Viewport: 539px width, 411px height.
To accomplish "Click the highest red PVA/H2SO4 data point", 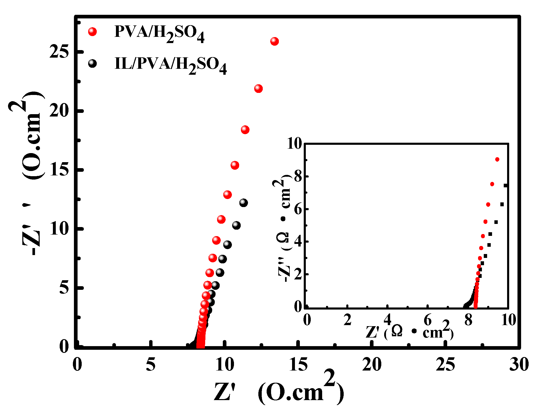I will click(274, 41).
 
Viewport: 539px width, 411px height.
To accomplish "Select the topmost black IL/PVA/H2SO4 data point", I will click(243, 203).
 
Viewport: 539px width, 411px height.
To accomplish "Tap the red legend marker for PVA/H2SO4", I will click(92, 32).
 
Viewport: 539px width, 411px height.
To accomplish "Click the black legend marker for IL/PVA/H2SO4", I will click(92, 64).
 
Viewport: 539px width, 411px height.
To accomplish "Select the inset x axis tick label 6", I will click(427, 320).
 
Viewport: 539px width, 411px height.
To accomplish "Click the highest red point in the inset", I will click(497, 159).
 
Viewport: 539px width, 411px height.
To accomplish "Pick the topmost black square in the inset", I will click(505, 186).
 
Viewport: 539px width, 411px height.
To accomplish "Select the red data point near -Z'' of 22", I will click(258, 88).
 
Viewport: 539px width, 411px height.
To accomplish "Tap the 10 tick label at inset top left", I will click(294, 143).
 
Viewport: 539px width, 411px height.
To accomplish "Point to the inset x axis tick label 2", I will click(347, 320).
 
